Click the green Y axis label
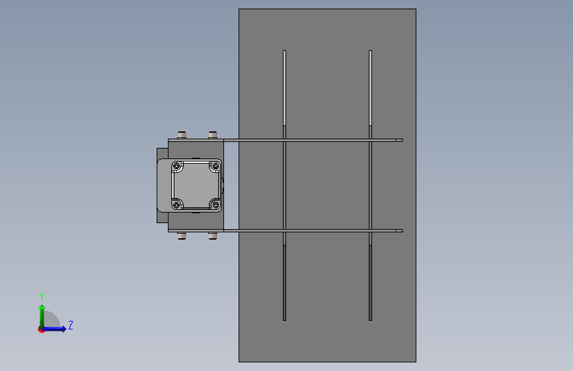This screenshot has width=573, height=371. click(42, 297)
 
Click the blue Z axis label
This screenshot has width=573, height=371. click(70, 325)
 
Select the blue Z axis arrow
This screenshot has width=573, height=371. click(58, 329)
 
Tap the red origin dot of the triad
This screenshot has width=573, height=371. click(41, 329)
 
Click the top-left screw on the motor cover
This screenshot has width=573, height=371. click(176, 166)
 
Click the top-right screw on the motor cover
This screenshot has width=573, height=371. click(214, 166)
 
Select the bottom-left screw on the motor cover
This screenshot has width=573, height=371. click(176, 205)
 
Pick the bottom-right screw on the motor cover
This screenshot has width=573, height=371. click(214, 205)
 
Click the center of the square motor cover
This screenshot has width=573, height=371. click(196, 185)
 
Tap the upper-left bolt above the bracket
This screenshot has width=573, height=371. click(182, 135)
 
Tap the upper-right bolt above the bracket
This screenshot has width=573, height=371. click(213, 135)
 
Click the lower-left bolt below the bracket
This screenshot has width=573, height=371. click(182, 235)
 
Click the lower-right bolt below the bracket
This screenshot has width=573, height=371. click(213, 235)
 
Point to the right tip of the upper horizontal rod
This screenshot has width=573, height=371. click(401, 140)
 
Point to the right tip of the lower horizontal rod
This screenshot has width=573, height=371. click(401, 230)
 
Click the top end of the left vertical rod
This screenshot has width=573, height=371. click(285, 52)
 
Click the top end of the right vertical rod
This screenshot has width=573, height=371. click(371, 52)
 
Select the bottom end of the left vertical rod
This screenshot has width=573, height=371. click(285, 319)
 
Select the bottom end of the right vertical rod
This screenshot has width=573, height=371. click(371, 319)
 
